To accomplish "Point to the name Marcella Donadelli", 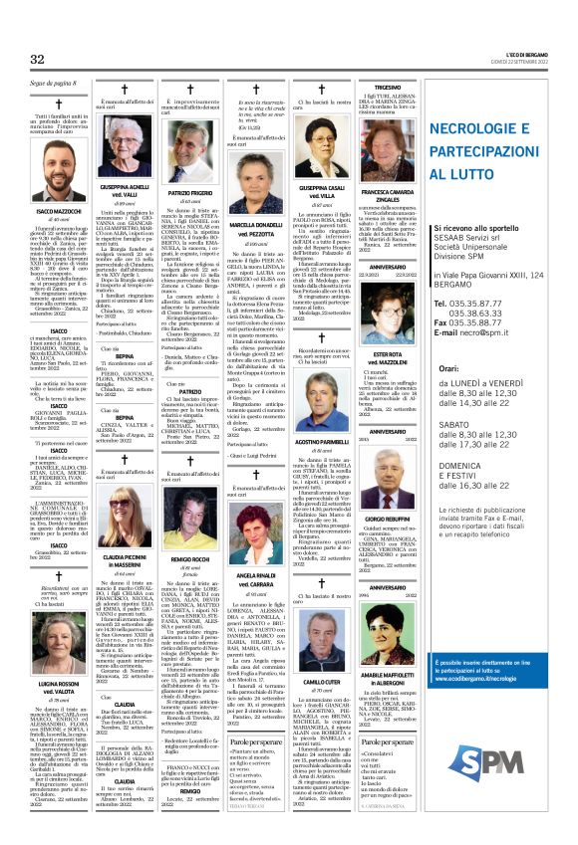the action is pyautogui.click(x=260, y=224).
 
